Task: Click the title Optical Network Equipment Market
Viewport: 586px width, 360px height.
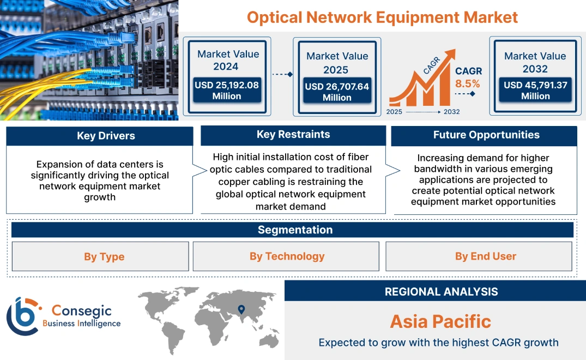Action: (382, 17)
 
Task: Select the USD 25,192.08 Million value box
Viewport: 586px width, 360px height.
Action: (226, 91)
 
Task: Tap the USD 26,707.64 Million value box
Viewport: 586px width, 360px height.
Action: (336, 92)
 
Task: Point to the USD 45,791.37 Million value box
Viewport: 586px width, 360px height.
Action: (535, 91)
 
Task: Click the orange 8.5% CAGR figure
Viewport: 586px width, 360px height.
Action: (468, 83)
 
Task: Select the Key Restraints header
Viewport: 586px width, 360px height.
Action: (293, 135)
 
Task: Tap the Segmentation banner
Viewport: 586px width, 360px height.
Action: (295, 230)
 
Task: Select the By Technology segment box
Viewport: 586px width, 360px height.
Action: (287, 256)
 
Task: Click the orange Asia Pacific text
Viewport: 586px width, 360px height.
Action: (440, 321)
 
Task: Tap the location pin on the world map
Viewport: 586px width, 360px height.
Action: (241, 310)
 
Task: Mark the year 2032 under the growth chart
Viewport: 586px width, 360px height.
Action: (451, 112)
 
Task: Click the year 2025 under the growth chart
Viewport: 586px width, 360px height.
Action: (395, 112)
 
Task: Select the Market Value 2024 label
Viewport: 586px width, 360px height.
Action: (228, 60)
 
